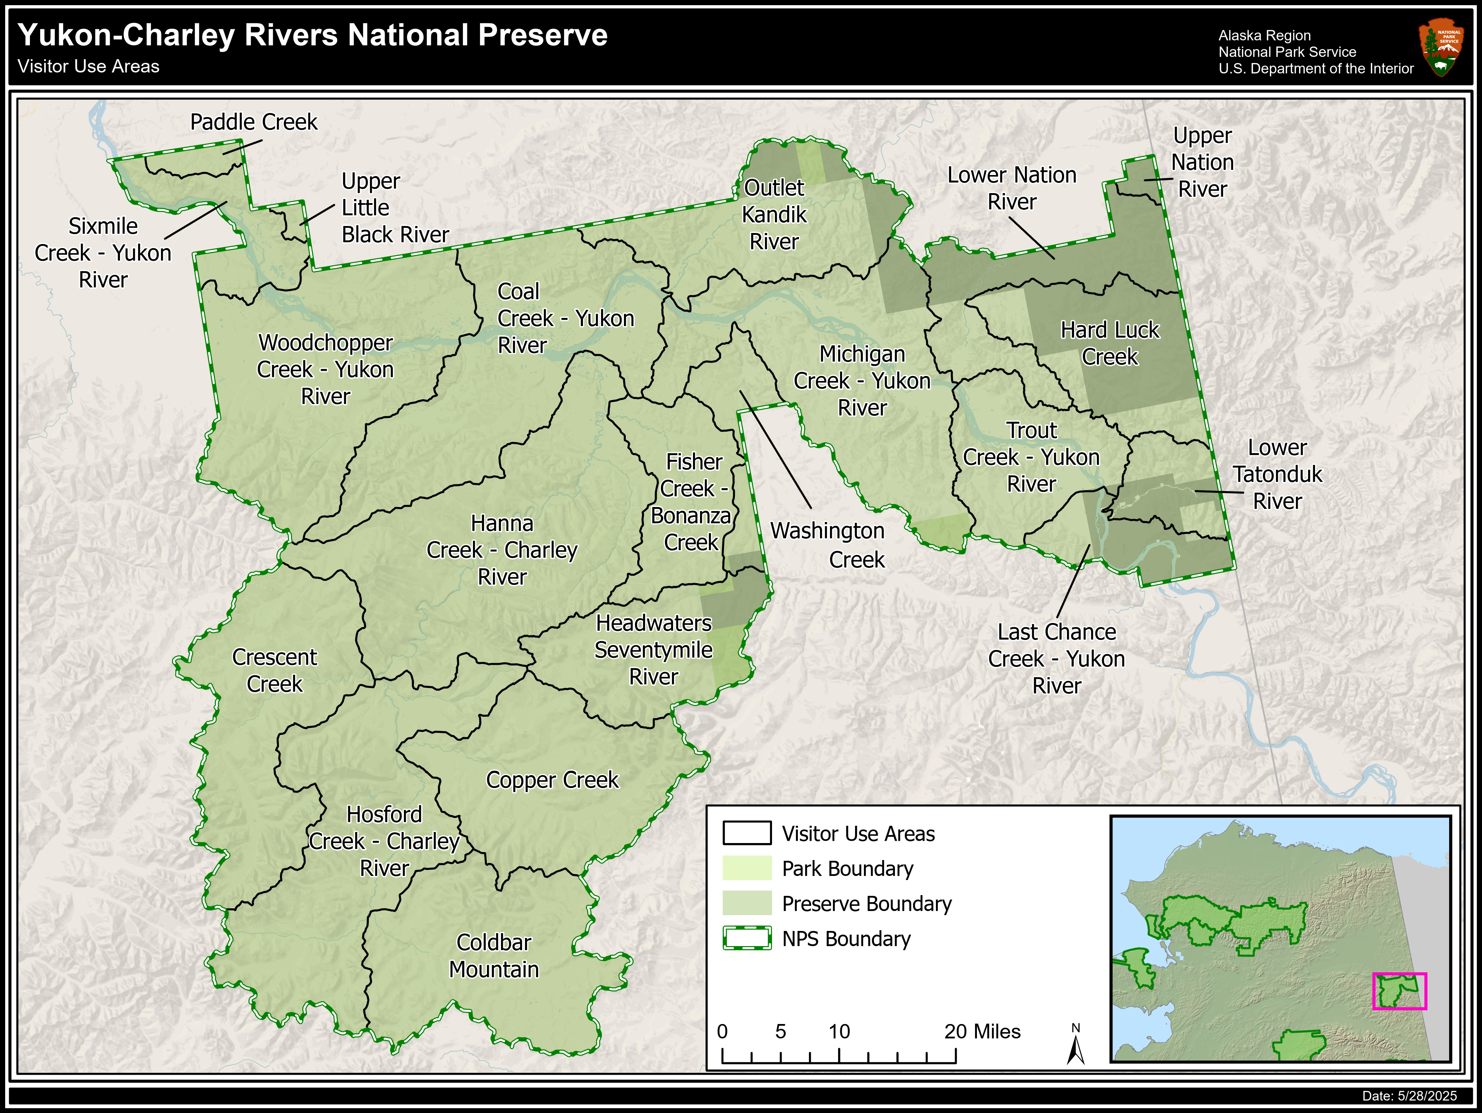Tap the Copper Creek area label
552,780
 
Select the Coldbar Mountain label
494,956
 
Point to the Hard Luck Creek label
1109,343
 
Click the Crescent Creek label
275,670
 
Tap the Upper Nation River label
1203,162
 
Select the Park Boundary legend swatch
747,869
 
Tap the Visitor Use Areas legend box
747,833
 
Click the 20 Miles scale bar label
982,1031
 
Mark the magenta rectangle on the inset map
1400,991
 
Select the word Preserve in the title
543,35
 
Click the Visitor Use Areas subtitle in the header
89,67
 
